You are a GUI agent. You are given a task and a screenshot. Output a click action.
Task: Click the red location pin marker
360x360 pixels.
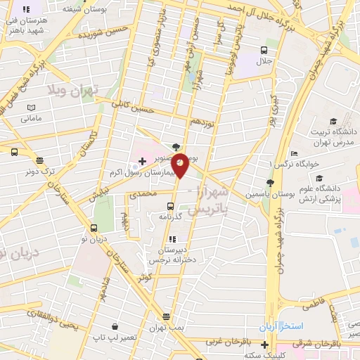click(x=180, y=165)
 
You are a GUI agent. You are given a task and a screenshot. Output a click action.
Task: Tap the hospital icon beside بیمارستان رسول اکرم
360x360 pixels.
click(x=143, y=162)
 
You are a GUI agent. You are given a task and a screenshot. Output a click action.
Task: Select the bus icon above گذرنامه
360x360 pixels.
click(x=170, y=206)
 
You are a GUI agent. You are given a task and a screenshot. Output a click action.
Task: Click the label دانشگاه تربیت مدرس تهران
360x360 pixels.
click(x=330, y=136)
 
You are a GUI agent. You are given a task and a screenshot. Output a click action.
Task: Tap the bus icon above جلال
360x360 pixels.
click(x=264, y=50)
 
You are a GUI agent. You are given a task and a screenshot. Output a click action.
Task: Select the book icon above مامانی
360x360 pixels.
click(x=30, y=107)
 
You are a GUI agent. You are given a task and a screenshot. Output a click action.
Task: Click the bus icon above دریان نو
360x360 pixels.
click(x=94, y=228)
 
